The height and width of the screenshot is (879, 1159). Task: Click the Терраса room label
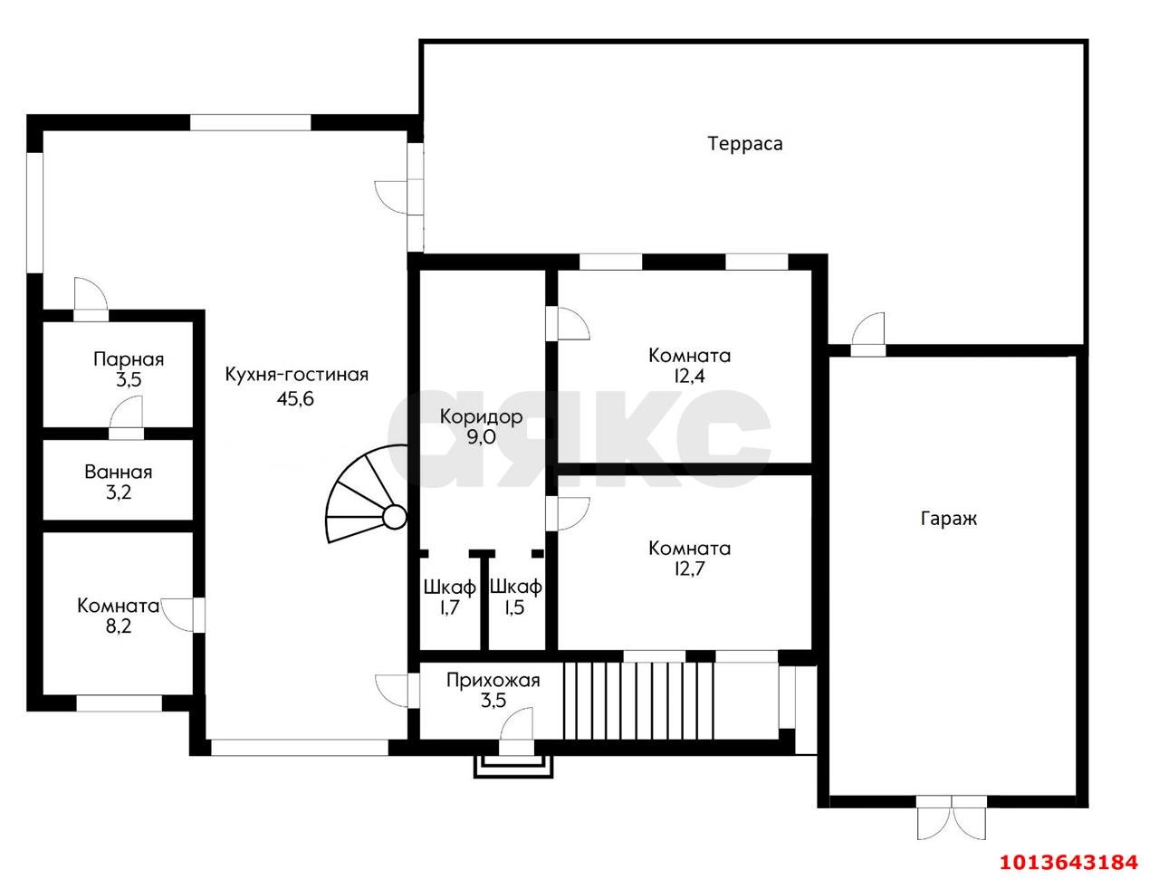[745, 144]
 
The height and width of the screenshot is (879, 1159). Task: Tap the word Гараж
[948, 519]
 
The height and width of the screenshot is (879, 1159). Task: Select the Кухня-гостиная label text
[296, 374]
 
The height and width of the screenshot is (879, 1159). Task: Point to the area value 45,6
[295, 398]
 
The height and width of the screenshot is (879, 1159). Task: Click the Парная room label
[129, 359]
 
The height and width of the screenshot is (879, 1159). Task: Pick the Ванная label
[119, 472]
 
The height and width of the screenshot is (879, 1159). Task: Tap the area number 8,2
[119, 626]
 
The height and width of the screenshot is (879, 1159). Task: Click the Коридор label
[481, 417]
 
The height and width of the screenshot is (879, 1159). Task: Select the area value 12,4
[689, 376]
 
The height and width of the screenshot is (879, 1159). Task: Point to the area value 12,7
[689, 568]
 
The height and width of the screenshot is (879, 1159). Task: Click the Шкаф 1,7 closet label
[449, 597]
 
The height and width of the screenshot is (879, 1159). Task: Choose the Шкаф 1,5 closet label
[515, 597]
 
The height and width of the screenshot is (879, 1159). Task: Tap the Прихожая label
[493, 681]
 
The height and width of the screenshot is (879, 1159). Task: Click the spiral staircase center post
[393, 516]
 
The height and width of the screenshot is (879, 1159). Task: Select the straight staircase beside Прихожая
[639, 701]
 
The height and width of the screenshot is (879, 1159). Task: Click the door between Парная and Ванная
[126, 418]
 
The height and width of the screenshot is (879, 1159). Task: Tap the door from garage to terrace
[867, 334]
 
